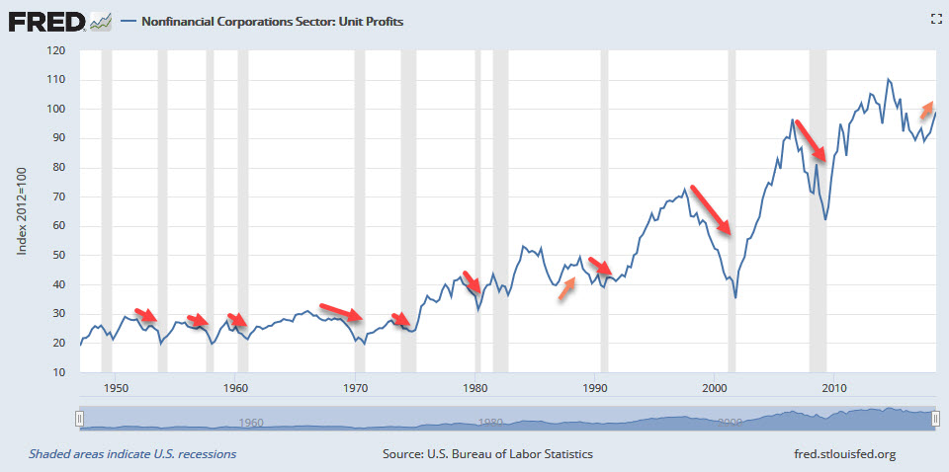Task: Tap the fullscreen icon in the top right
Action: tap(935, 19)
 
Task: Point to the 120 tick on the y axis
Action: tap(56, 50)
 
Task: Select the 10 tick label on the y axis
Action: tap(59, 372)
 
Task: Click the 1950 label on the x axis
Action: tap(116, 386)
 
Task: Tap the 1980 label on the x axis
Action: tap(476, 386)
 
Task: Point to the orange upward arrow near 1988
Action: tap(566, 291)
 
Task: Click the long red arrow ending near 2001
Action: tap(712, 208)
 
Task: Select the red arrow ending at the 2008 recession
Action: tap(811, 140)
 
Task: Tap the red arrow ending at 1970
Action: tap(341, 314)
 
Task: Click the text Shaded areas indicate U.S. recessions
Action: tap(132, 454)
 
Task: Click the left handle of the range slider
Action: tap(80, 419)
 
